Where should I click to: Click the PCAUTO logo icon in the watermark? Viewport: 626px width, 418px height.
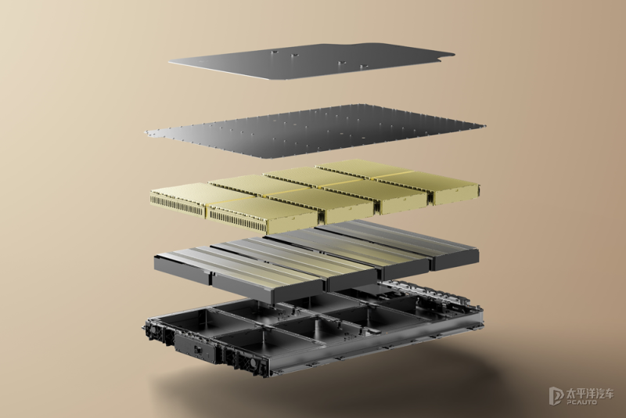pyautogui.click(x=556, y=395)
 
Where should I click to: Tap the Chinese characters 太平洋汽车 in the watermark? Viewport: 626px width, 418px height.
pyautogui.click(x=590, y=393)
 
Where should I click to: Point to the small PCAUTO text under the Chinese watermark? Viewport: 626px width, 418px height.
pyautogui.click(x=581, y=402)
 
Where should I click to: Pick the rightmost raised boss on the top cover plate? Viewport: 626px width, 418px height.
pyautogui.click(x=364, y=67)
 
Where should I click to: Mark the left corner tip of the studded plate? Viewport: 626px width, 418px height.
pyautogui.click(x=146, y=131)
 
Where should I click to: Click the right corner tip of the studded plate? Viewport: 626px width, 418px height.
pyautogui.click(x=484, y=126)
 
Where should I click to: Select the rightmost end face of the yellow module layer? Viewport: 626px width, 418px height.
pyautogui.click(x=456, y=196)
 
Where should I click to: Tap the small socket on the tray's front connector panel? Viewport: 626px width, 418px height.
pyautogui.click(x=197, y=350)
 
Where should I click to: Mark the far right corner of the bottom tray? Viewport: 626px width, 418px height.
pyautogui.click(x=482, y=312)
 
